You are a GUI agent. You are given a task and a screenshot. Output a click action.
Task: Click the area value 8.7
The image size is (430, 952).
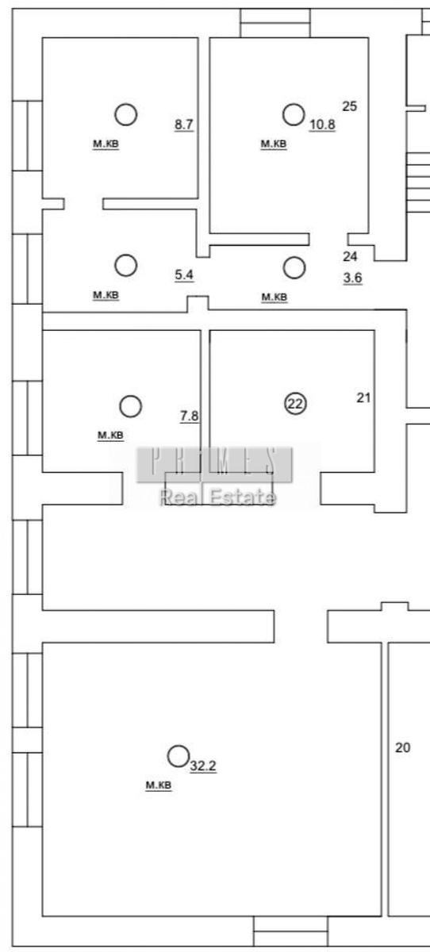[x=184, y=125]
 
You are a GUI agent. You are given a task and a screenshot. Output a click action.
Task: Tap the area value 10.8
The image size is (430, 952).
[x=322, y=125]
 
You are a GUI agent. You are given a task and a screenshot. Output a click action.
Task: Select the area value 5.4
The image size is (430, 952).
[x=184, y=275]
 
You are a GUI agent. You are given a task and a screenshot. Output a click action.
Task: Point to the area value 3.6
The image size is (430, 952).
[x=353, y=278]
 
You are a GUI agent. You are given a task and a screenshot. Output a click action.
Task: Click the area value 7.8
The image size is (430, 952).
[x=189, y=416]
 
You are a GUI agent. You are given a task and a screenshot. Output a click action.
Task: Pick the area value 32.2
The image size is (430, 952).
[x=203, y=766]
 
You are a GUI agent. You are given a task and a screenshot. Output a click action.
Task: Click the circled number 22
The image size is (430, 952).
[x=295, y=403]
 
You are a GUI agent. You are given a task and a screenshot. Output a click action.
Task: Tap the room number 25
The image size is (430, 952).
[x=349, y=106]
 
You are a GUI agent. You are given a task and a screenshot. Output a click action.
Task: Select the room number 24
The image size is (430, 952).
[x=350, y=256]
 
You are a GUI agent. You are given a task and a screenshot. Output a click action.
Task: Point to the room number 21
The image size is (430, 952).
[x=363, y=397]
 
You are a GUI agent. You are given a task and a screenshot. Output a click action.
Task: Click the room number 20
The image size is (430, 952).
[x=402, y=747]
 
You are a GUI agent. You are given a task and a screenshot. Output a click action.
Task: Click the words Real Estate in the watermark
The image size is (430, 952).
[x=218, y=497]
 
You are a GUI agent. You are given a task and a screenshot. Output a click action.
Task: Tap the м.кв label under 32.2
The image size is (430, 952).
[x=159, y=785]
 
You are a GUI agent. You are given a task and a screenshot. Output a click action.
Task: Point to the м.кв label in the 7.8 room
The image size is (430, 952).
[x=110, y=436]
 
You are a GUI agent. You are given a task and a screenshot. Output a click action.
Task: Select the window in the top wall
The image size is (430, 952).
[x=275, y=23]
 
